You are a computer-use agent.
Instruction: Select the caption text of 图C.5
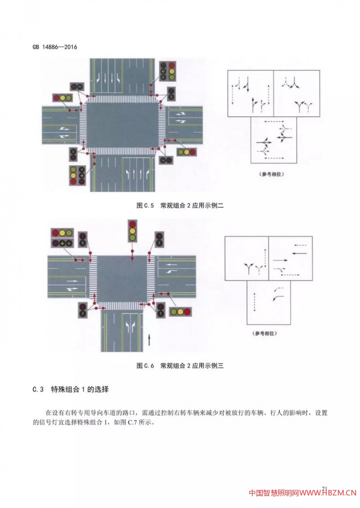tap(180, 205)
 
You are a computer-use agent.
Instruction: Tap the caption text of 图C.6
tap(180, 365)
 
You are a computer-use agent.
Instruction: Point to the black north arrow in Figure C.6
tap(149, 339)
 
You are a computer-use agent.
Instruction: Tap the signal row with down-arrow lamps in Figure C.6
tap(63, 243)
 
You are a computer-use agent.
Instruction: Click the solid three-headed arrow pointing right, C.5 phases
tap(263, 143)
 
